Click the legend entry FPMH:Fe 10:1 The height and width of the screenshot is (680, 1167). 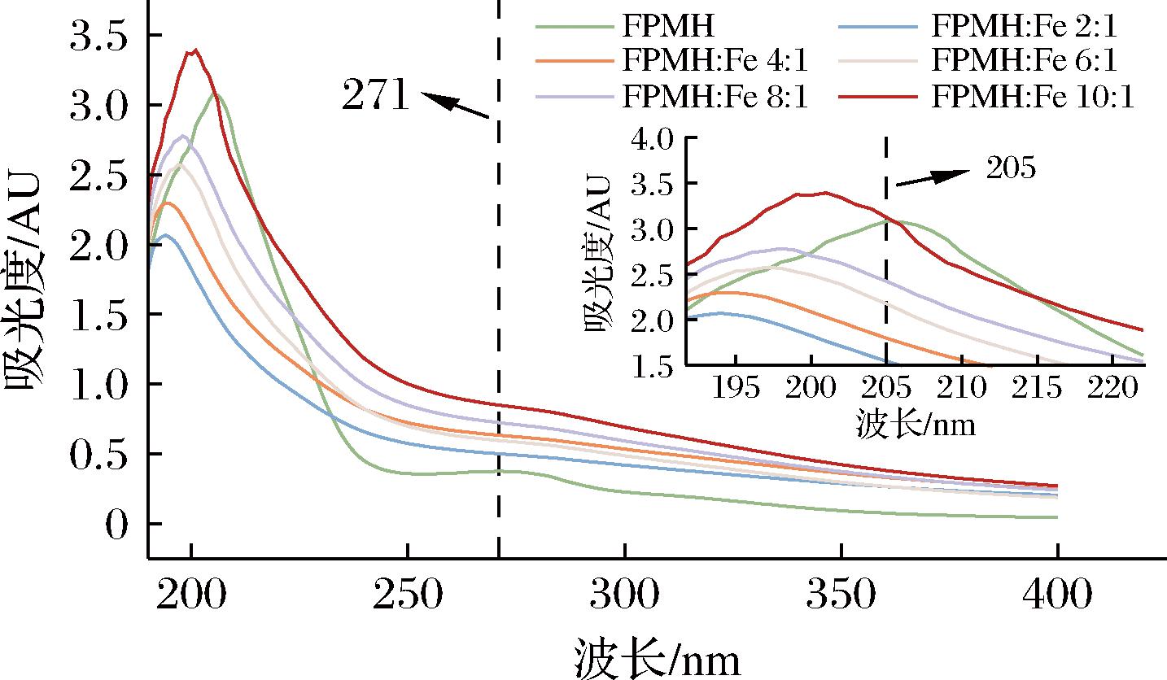[x=1034, y=97]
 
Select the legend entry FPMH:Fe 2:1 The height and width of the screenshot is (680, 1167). [x=1025, y=26]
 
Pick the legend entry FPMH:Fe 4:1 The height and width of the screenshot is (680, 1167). [x=716, y=61]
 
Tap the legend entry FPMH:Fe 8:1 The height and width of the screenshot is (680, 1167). [x=716, y=97]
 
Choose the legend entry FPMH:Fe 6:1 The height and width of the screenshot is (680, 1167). [x=1025, y=61]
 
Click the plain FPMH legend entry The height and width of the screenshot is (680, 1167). [x=668, y=26]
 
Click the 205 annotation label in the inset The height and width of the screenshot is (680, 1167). [x=1010, y=168]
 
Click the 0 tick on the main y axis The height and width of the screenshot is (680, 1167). [x=117, y=524]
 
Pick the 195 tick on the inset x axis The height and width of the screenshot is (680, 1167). [x=736, y=390]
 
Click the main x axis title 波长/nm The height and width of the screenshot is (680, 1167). [x=658, y=656]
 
